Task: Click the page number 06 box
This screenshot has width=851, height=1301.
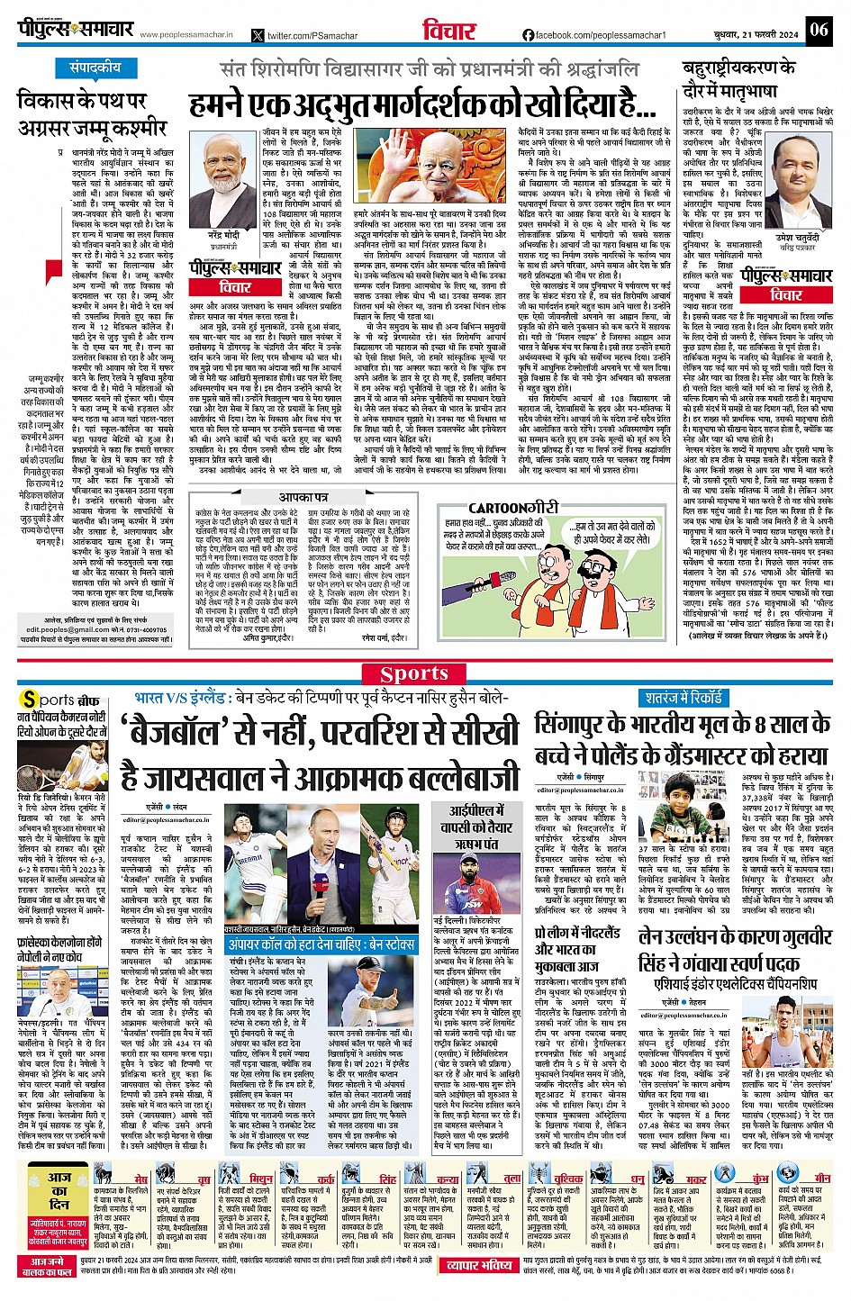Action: [818, 30]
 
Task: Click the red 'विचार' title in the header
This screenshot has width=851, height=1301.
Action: [448, 31]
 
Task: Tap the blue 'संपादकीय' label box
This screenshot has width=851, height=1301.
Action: [95, 68]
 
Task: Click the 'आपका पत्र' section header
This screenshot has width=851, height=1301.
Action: [303, 497]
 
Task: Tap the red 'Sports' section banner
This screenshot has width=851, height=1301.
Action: [413, 673]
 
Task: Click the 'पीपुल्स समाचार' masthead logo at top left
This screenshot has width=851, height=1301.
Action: [76, 30]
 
